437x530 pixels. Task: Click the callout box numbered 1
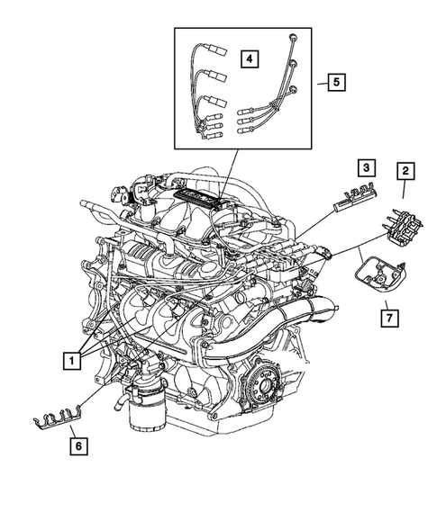pyautogui.click(x=69, y=361)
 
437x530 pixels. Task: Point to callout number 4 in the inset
pyautogui.click(x=249, y=58)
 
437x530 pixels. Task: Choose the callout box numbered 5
pyautogui.click(x=333, y=83)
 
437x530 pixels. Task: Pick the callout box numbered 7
pyautogui.click(x=387, y=318)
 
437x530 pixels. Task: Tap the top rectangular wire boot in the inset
pyautogui.click(x=213, y=54)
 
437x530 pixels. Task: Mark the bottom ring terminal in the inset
pyautogui.click(x=293, y=88)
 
